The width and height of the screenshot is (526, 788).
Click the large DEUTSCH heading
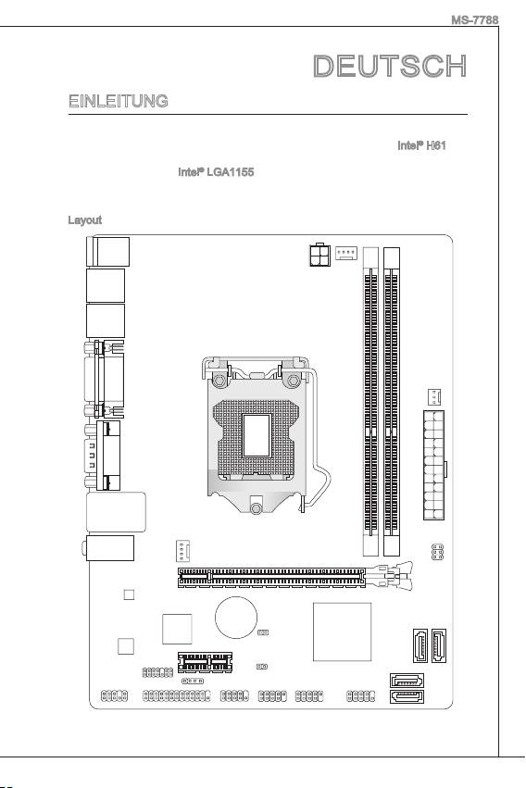click(390, 67)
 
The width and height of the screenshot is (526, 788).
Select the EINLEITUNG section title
click(119, 101)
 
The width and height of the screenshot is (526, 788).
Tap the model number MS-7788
click(474, 20)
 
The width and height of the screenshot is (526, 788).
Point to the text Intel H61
click(421, 145)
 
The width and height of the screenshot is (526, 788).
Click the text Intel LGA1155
click(216, 172)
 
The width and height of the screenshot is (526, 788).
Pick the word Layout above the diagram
click(85, 220)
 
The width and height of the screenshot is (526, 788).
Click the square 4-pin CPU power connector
click(319, 255)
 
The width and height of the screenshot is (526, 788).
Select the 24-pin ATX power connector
click(434, 465)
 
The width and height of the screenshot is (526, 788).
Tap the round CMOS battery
click(236, 617)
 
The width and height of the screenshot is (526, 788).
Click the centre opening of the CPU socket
click(257, 435)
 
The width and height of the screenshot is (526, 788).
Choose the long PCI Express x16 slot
click(271, 578)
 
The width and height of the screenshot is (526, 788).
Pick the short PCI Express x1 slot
click(205, 662)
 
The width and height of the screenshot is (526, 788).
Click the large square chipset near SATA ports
click(342, 632)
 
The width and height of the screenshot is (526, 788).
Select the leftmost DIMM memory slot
click(370, 402)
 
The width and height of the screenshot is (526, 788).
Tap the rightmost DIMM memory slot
click(392, 402)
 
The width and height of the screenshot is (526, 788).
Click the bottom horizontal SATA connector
click(407, 697)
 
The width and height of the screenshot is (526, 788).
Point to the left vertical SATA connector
click(420, 645)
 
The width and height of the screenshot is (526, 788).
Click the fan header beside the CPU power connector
click(346, 253)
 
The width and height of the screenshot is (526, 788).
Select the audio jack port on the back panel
click(108, 548)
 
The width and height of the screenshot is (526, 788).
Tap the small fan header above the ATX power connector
click(434, 397)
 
